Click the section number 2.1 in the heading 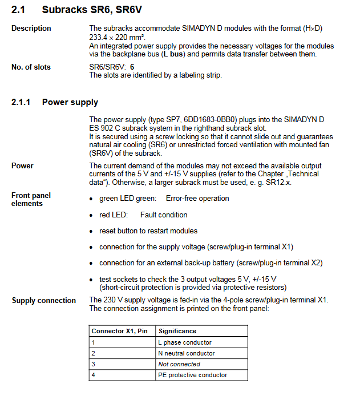(x=18, y=10)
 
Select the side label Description (x=31, y=29)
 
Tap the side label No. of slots (x=31, y=67)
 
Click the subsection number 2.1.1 (x=22, y=102)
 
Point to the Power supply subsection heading (x=70, y=102)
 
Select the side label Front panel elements (x=31, y=199)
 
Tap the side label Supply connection (x=44, y=301)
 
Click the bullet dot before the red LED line (x=92, y=215)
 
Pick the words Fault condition (x=164, y=215)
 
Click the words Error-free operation (x=197, y=199)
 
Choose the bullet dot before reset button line (x=92, y=231)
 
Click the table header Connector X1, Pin (x=119, y=331)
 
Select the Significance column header (x=177, y=331)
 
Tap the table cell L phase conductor (x=185, y=342)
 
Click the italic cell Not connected (x=179, y=364)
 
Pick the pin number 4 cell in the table (x=94, y=375)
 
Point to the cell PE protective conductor (x=193, y=375)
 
